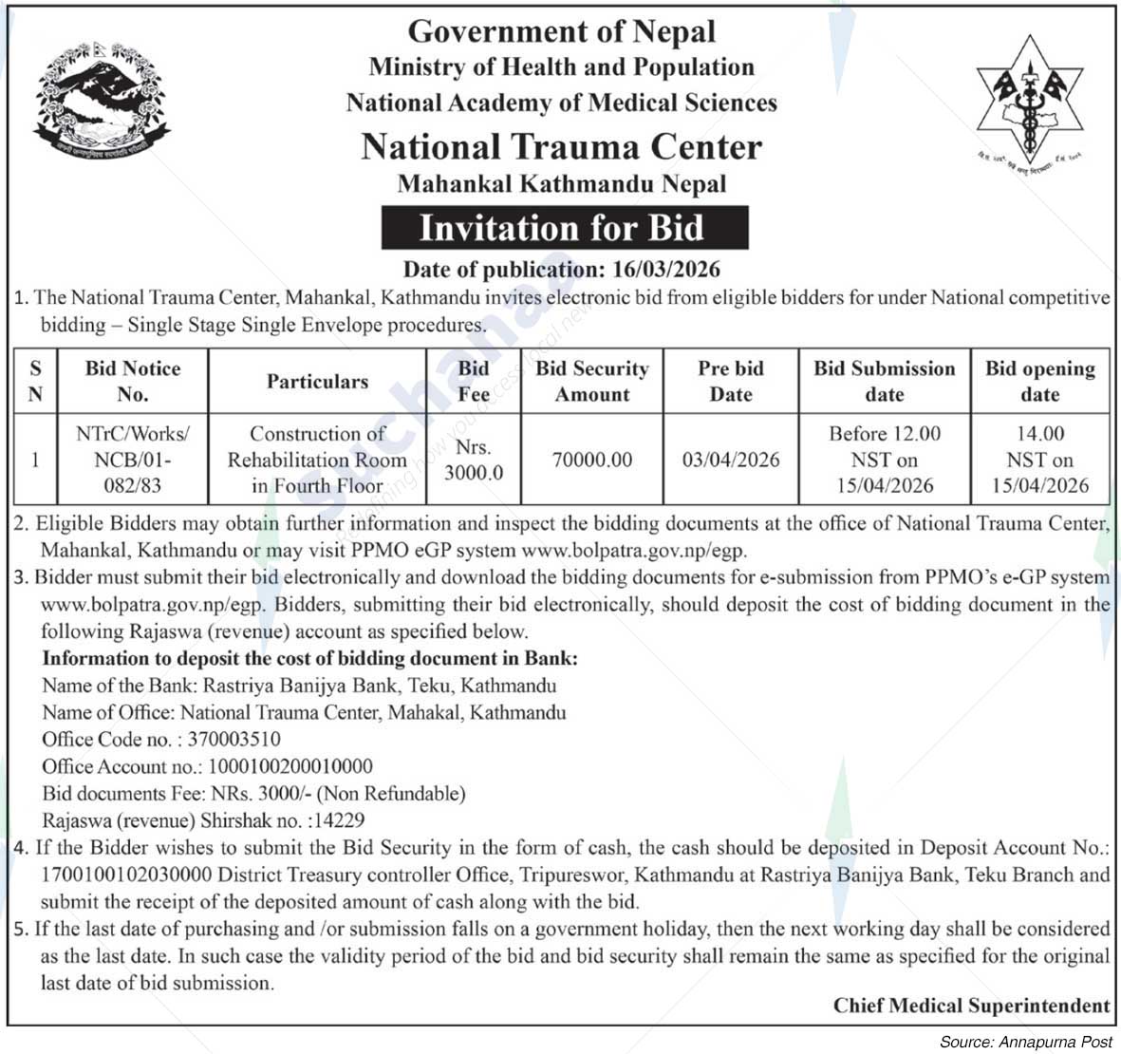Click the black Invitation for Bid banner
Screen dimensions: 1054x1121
pos(564,229)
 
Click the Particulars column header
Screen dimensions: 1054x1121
pos(316,382)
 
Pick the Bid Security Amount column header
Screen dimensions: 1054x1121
pos(591,382)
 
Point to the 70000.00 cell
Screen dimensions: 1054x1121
pos(591,460)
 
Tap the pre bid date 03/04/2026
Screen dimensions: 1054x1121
pos(730,460)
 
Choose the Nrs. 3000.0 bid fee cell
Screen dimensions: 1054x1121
pos(473,460)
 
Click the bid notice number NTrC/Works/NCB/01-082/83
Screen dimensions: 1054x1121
pos(132,460)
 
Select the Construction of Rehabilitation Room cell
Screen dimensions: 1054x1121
pos(316,460)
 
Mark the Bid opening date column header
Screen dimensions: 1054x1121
pos(1039,382)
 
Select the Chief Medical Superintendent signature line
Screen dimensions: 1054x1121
pos(971,1006)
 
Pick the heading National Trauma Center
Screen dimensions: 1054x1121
pos(561,147)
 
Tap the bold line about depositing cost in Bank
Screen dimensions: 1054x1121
pos(309,658)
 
